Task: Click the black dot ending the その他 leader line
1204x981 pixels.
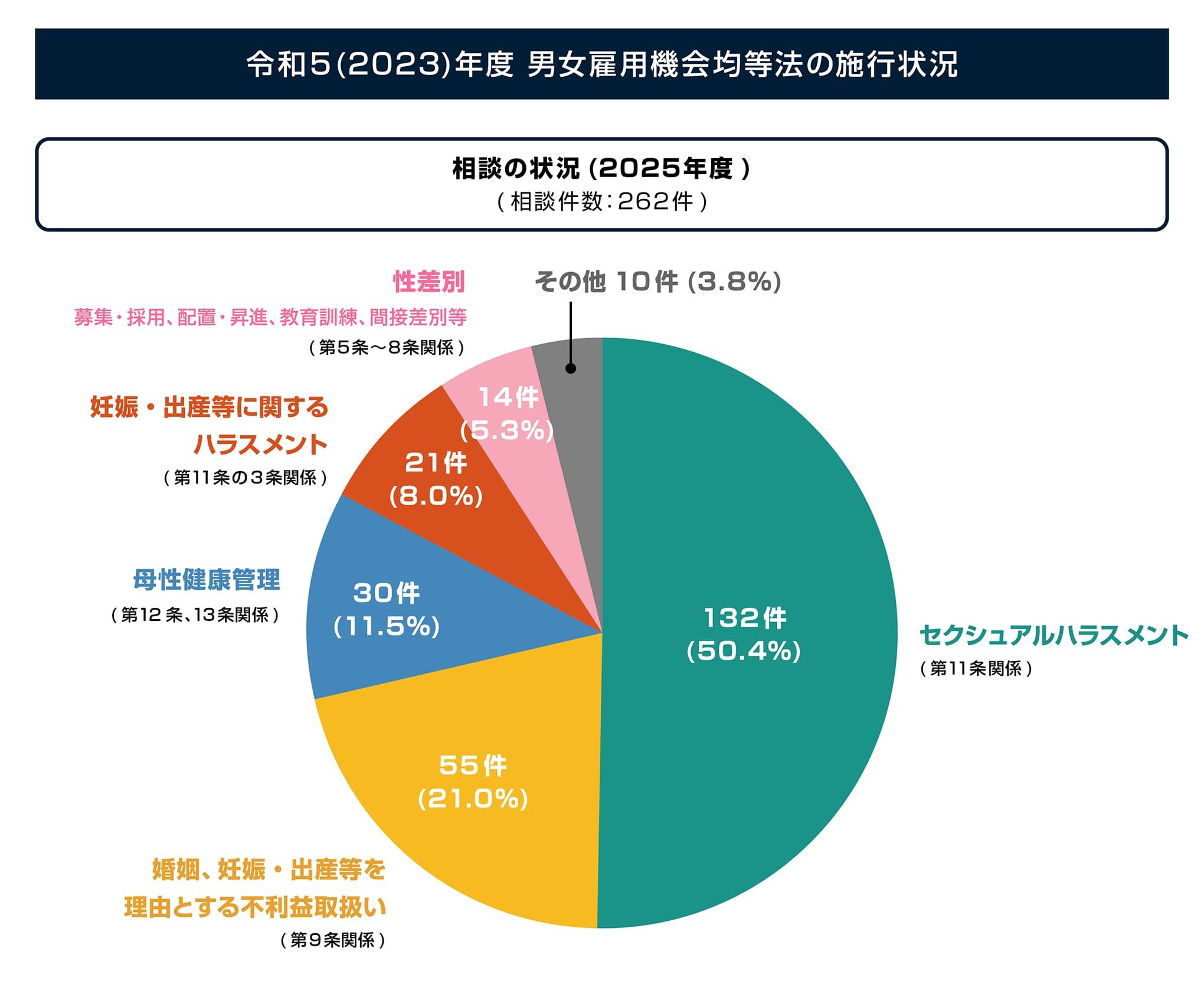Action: [x=571, y=368]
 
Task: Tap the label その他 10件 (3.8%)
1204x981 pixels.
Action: [x=657, y=282]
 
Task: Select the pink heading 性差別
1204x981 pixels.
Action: [x=429, y=282]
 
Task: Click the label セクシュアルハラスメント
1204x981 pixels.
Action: [x=1053, y=636]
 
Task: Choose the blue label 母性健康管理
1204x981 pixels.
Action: [x=207, y=580]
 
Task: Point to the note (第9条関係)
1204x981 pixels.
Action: [x=333, y=940]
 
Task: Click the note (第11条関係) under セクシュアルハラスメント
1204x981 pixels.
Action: [x=976, y=669]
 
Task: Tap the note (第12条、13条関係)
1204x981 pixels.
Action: [x=195, y=615]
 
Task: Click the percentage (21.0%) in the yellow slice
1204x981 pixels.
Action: [x=473, y=799]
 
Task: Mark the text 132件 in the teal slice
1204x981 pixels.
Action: [x=745, y=618]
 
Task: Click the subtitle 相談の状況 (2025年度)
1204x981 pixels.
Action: [x=601, y=169]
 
